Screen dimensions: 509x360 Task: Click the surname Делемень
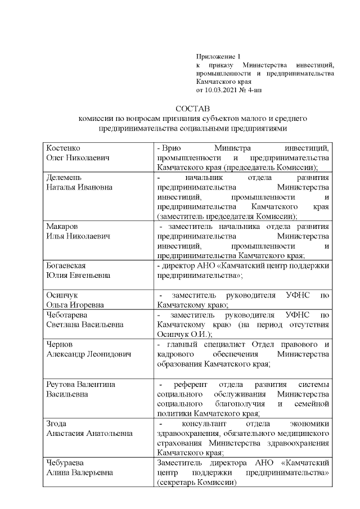pyautogui.click(x=64, y=177)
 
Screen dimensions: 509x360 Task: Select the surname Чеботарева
pyautogui.click(x=68, y=314)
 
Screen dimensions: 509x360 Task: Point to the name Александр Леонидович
pyautogui.click(x=88, y=354)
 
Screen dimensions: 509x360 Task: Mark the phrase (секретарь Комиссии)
pyautogui.click(x=196, y=482)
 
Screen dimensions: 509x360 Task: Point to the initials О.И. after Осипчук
pyautogui.click(x=206, y=334)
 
